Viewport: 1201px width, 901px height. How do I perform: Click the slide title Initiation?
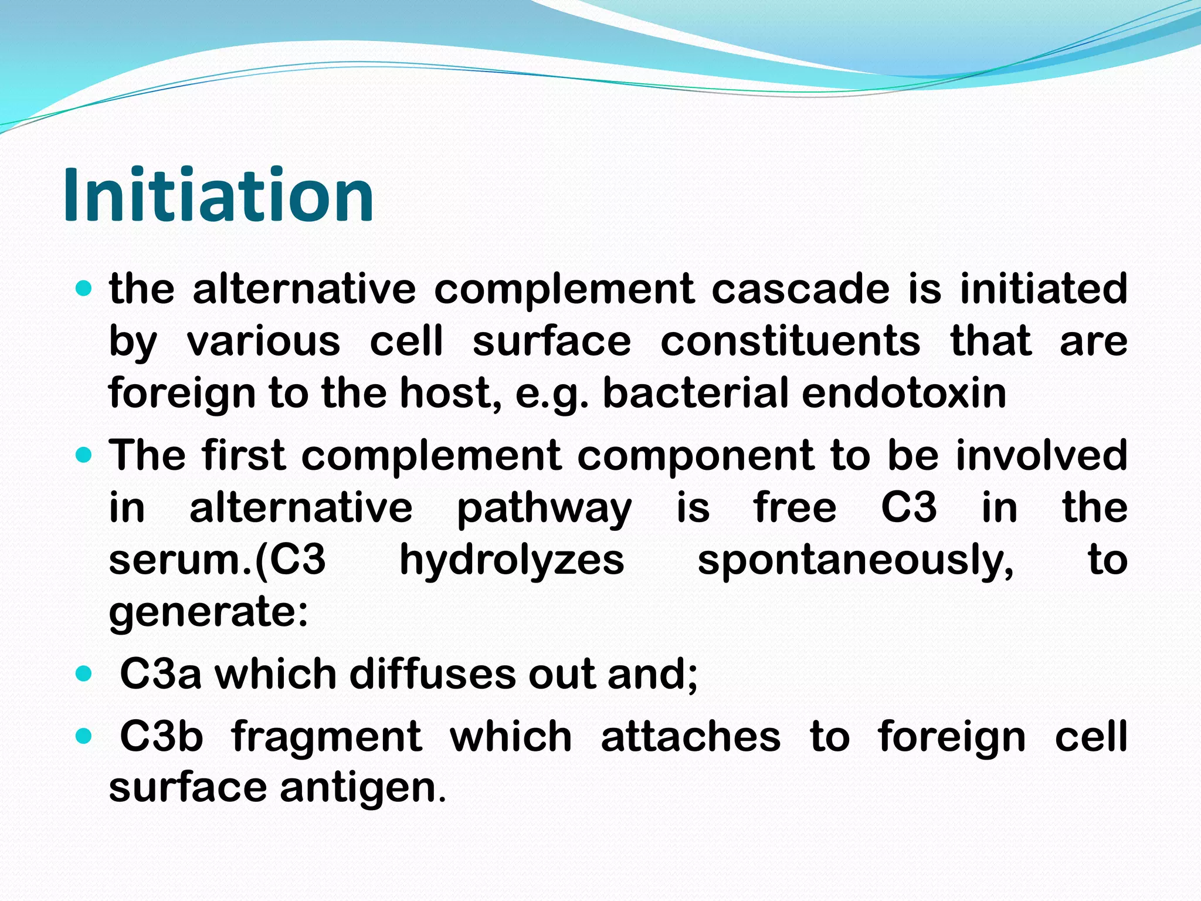coord(218,195)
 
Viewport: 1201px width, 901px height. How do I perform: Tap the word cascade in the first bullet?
coord(800,289)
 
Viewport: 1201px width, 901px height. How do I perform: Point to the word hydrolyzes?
coord(511,560)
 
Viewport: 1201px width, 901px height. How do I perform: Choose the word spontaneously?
coord(855,560)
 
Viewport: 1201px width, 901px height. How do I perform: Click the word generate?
coord(208,612)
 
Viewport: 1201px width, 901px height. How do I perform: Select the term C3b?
coord(161,737)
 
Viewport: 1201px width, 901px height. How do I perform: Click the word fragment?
coord(326,737)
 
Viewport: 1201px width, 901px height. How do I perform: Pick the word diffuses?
coord(433,675)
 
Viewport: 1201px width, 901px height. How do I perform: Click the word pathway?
coord(544,508)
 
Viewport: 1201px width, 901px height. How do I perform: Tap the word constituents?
coord(790,341)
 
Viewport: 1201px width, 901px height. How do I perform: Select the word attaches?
coord(690,737)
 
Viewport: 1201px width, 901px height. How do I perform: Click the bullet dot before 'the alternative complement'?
coord(84,289)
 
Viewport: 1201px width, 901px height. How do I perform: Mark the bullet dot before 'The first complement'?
coord(84,455)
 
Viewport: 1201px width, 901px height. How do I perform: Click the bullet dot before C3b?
coord(84,736)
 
